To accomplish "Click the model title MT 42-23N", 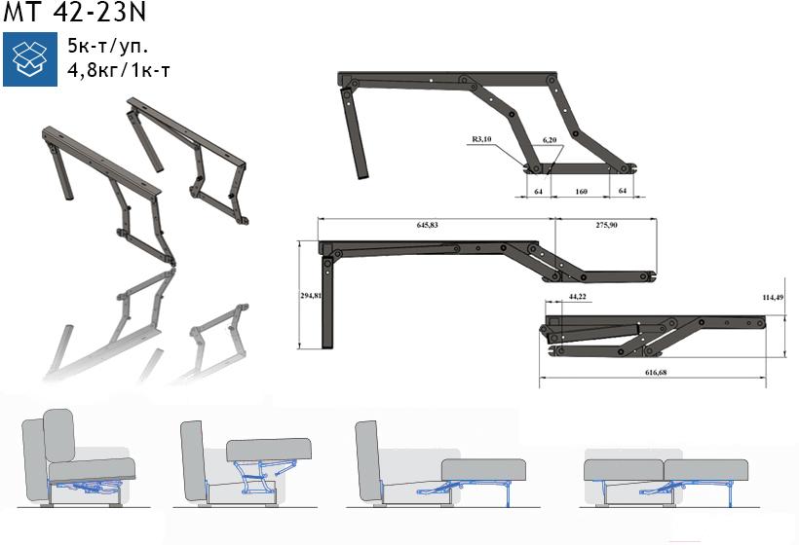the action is click(x=74, y=13).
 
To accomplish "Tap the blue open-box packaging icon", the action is click(x=30, y=59).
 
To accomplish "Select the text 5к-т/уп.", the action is click(x=108, y=47).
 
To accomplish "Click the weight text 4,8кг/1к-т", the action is click(x=119, y=70).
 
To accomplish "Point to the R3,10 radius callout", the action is click(x=481, y=139).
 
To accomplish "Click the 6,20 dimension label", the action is click(x=550, y=139).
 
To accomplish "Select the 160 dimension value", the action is click(x=581, y=192).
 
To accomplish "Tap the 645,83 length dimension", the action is click(x=427, y=225).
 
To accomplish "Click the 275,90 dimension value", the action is click(x=606, y=225).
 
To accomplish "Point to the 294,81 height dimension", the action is click(x=310, y=295).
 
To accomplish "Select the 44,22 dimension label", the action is click(x=577, y=296).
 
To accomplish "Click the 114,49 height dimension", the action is click(x=773, y=297).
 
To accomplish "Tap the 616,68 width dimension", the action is click(x=656, y=372).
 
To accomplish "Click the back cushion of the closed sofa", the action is click(x=59, y=436).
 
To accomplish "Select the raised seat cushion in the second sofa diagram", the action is click(x=269, y=450).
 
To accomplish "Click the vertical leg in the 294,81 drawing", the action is click(x=327, y=303).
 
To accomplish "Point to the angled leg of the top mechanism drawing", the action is click(x=354, y=133).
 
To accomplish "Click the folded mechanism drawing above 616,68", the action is click(x=652, y=336).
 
